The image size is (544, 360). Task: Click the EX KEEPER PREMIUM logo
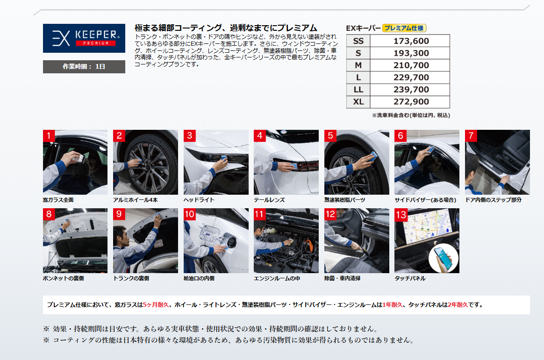tap(84, 38)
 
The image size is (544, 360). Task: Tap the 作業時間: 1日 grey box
tap(84, 66)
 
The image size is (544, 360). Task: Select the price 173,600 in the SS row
tap(411, 41)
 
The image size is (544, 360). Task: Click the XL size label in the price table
tap(358, 102)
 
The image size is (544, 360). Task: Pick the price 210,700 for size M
tap(411, 65)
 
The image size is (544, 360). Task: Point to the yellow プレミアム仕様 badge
tap(404, 28)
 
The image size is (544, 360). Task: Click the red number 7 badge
tap(471, 136)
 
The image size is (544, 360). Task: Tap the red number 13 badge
tap(401, 214)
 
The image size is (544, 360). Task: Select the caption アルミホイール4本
tap(136, 200)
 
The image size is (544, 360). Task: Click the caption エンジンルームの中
tap(277, 278)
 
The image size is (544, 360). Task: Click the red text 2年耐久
tap(458, 305)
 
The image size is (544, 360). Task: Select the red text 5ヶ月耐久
tap(156, 305)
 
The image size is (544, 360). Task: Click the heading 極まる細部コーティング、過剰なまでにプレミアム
tap(226, 28)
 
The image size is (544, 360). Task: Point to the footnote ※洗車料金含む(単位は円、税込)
tap(411, 115)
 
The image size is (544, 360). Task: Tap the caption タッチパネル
tap(410, 278)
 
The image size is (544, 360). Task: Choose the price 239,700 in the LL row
tap(411, 90)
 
